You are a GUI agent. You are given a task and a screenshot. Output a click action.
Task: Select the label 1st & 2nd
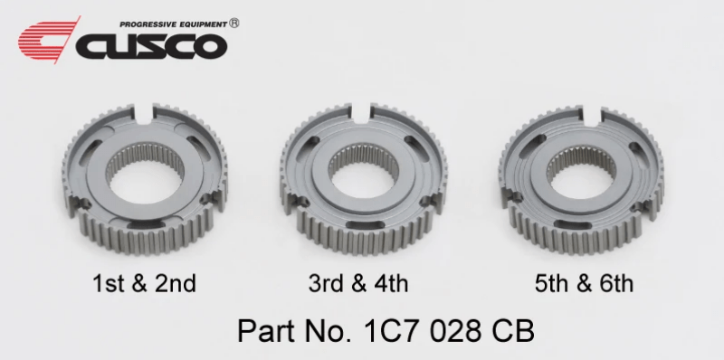pos(144,283)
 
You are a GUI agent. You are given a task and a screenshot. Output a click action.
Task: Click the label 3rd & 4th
pos(358,283)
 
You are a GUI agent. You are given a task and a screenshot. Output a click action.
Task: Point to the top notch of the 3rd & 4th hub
pos(364,114)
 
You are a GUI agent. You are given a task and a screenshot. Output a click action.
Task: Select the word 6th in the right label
pos(614,283)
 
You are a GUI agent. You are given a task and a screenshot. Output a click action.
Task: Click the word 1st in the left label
pos(108,283)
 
